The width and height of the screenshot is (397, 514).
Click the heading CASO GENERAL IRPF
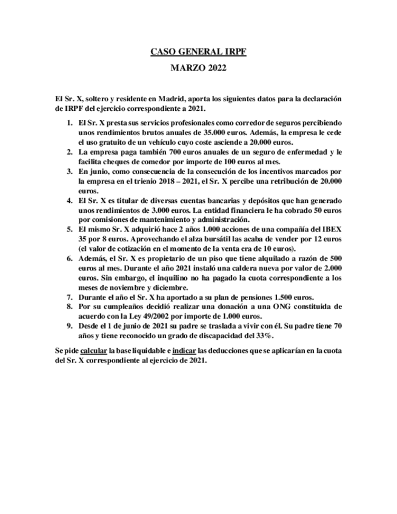click(198, 53)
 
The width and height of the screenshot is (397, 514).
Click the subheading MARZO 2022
click(198, 68)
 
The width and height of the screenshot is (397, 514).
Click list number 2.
click(70, 152)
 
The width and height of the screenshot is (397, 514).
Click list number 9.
click(70, 326)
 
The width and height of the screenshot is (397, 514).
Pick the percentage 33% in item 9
click(264, 336)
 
